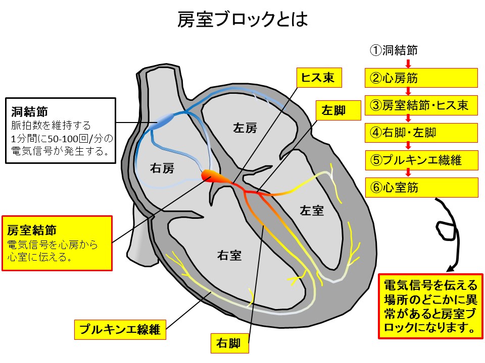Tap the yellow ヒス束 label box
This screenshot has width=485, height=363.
[318, 78]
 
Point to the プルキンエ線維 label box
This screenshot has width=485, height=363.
[120, 330]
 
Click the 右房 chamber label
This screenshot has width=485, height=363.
[162, 169]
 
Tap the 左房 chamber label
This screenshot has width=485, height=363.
[245, 128]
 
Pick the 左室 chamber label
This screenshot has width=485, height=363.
[311, 210]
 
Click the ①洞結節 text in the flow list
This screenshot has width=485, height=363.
[394, 50]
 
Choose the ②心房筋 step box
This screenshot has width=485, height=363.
[421, 78]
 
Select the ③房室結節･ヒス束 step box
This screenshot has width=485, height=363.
[421, 105]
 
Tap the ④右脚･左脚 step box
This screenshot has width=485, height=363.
[421, 133]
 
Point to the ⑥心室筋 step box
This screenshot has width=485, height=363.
[421, 188]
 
